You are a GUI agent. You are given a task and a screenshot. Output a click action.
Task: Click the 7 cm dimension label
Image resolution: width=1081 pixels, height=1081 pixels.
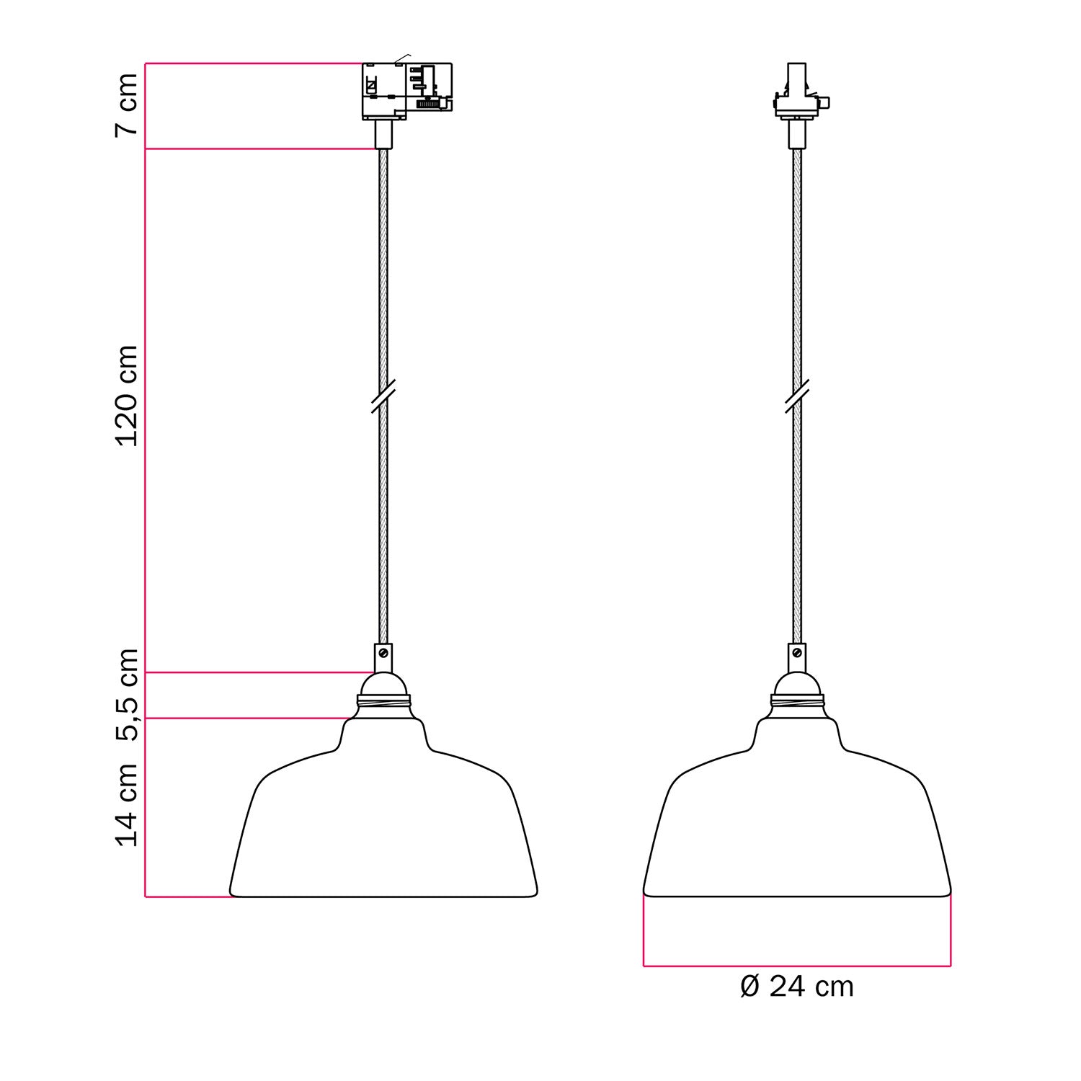127,104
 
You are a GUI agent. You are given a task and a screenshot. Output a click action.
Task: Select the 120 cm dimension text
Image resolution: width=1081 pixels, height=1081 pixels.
127,396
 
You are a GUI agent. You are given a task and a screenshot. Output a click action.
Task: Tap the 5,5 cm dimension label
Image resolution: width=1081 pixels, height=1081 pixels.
127,695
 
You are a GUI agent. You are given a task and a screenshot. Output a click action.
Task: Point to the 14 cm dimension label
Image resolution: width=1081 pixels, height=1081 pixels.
127,804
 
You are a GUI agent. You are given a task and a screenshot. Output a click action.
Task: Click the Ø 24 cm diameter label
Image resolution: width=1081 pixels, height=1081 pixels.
796,987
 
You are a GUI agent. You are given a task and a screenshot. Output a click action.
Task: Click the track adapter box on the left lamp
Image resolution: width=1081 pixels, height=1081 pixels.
406,91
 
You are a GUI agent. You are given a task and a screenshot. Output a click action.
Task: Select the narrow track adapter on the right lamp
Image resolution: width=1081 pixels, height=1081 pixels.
797,94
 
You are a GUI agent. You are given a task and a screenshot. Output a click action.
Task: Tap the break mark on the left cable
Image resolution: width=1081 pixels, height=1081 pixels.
383,397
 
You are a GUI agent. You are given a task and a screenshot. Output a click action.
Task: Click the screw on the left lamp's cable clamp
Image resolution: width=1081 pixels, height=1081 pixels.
383,653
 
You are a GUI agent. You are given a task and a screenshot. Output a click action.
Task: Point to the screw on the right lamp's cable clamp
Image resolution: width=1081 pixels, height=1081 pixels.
797,653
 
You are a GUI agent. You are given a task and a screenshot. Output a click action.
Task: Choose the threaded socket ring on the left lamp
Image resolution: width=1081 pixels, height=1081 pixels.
383,700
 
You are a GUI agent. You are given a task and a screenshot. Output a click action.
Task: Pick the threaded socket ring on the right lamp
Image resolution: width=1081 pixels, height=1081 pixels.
797,700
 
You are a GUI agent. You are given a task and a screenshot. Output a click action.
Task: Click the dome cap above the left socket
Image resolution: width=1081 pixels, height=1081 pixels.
383,683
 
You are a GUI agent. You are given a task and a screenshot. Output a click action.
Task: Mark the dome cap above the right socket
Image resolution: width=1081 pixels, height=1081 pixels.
797,683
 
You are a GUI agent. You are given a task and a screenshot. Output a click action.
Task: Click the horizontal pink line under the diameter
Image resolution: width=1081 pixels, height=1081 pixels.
796,965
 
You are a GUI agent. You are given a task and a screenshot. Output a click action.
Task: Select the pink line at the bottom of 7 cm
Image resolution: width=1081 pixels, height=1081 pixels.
259,149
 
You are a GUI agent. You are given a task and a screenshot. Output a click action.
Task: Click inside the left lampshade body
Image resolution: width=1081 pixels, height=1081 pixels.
383,829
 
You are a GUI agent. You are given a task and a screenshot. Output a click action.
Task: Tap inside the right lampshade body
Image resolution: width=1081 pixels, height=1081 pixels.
797,829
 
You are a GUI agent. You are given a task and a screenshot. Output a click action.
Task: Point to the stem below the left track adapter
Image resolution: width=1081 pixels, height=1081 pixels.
383,134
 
